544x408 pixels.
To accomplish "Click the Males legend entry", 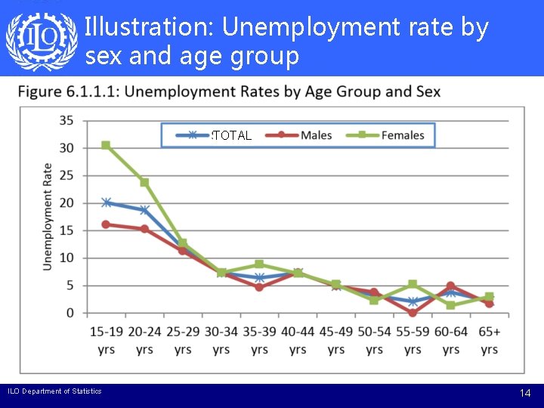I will click(x=305, y=135).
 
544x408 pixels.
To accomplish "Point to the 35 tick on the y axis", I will click(x=66, y=120).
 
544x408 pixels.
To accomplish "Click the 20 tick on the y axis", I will click(x=66, y=203).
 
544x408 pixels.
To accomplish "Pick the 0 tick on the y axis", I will click(x=70, y=314).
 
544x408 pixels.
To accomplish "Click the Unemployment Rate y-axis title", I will click(x=48, y=217).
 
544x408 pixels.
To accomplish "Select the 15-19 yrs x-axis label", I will click(x=107, y=340).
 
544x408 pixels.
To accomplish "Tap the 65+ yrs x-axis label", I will click(x=490, y=340).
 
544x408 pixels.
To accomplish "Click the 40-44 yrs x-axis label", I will click(x=298, y=340).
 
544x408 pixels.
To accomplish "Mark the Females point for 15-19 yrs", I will click(x=106, y=145).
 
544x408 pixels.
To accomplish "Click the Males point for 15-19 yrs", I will click(x=106, y=224).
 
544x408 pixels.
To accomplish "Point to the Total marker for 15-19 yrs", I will click(x=106, y=202).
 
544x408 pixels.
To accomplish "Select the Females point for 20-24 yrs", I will click(x=144, y=182).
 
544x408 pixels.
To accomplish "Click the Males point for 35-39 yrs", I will click(x=259, y=287).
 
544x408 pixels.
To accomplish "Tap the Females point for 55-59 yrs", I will click(x=413, y=284).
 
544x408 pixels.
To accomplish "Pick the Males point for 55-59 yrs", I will click(x=413, y=312).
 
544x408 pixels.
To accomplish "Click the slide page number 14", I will click(x=525, y=394).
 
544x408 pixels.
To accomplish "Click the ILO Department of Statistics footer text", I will click(x=54, y=391).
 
